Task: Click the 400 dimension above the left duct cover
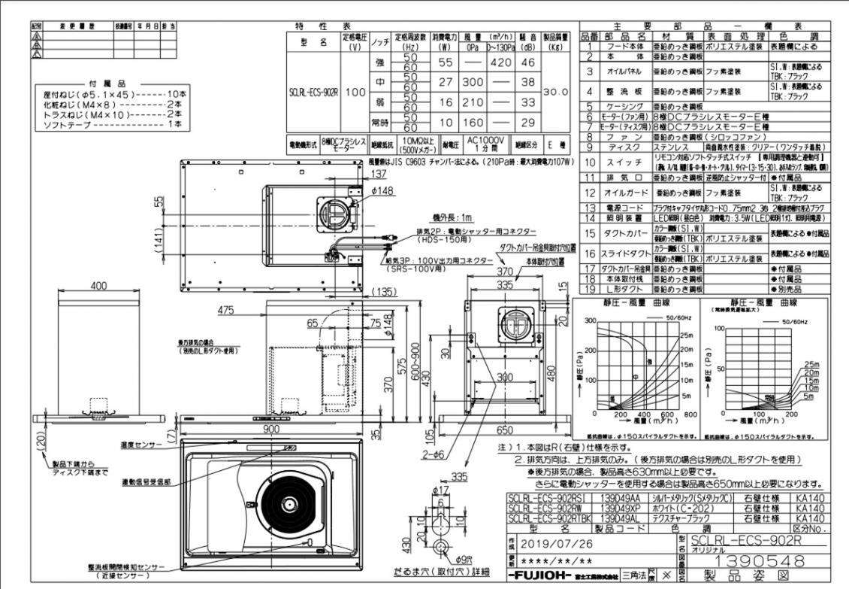(x=98, y=287)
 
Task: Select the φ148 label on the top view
(x=382, y=190)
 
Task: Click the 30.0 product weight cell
(x=555, y=91)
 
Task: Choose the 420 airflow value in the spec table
(x=500, y=63)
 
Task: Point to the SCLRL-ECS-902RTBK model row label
(x=548, y=518)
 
